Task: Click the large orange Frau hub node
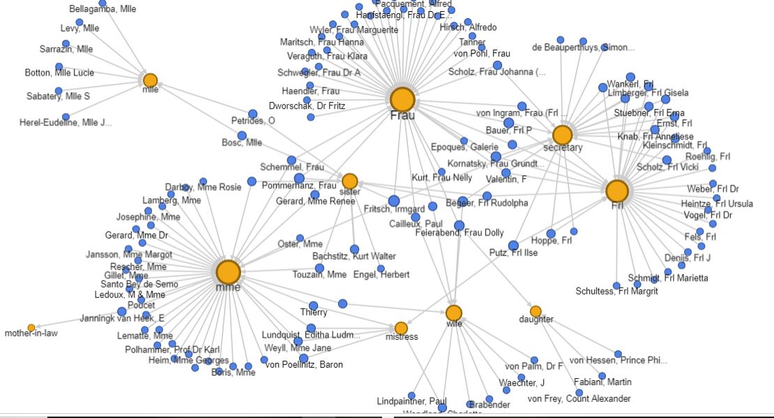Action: (x=402, y=100)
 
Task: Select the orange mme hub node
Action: (x=228, y=273)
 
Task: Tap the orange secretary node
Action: (x=562, y=135)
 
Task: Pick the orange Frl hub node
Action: (x=617, y=191)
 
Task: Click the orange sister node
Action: (x=349, y=181)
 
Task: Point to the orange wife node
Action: (x=454, y=313)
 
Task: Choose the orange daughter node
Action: (x=536, y=311)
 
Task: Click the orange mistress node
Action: (x=401, y=328)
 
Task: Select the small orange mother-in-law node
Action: (x=31, y=327)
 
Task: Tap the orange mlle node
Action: (x=150, y=80)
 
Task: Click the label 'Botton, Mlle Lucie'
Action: (x=59, y=73)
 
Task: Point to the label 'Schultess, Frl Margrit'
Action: (x=617, y=291)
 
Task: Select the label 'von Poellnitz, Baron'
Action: (x=303, y=364)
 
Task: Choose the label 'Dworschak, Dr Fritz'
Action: (x=313, y=105)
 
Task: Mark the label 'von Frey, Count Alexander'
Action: (x=579, y=398)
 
